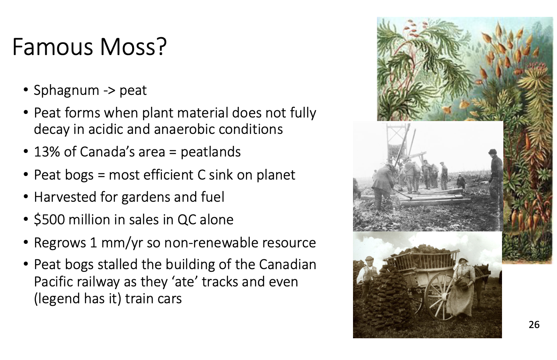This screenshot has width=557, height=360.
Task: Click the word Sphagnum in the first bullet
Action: tap(67, 90)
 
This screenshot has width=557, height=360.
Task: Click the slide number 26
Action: tap(534, 325)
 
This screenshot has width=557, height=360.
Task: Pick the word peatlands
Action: tap(211, 152)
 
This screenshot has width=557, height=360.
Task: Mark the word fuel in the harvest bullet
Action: tap(214, 197)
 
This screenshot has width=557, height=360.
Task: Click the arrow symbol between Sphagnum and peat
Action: tap(109, 91)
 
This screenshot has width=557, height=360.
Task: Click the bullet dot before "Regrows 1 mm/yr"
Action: tap(26, 242)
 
